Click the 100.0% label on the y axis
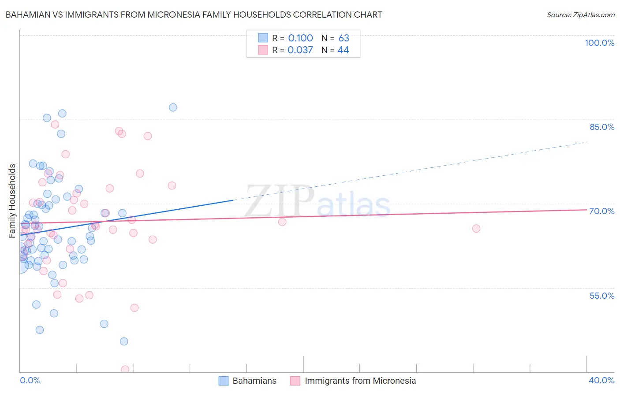(x=599, y=43)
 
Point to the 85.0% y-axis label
(x=602, y=127)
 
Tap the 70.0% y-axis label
(x=602, y=211)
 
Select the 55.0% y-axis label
(x=602, y=295)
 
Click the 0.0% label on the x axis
(x=30, y=380)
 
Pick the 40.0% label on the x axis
(x=601, y=380)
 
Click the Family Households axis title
(x=12, y=201)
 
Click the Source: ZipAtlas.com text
(x=580, y=15)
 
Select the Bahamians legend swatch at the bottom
(x=224, y=381)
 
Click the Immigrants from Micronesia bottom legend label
(x=360, y=381)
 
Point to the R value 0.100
(x=300, y=38)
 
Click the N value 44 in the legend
(x=343, y=50)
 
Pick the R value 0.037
(x=300, y=50)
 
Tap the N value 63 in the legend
(x=344, y=38)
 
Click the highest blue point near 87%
(x=173, y=108)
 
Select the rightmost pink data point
(x=476, y=228)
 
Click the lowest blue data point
(x=124, y=341)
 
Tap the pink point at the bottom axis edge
(x=125, y=370)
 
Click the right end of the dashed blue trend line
(x=586, y=142)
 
